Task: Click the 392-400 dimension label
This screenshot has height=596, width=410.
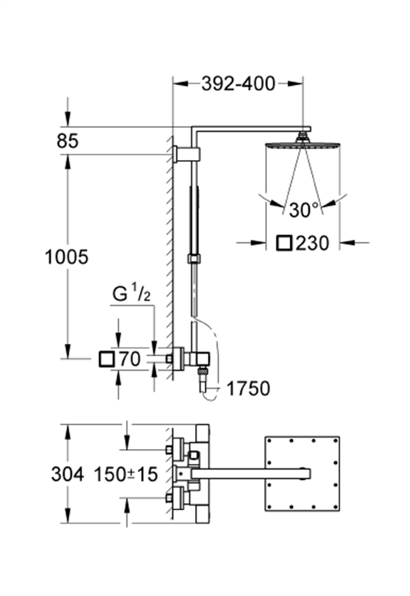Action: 238,84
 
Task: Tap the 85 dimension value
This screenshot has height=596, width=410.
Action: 68,141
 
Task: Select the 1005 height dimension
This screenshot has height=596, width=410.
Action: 67,257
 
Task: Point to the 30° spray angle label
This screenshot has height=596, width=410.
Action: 304,209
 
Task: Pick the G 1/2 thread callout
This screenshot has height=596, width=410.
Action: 131,295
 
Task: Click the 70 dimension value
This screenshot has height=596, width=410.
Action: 129,359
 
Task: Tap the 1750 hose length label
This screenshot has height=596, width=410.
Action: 248,389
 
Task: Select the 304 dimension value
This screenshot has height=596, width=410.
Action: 67,474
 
